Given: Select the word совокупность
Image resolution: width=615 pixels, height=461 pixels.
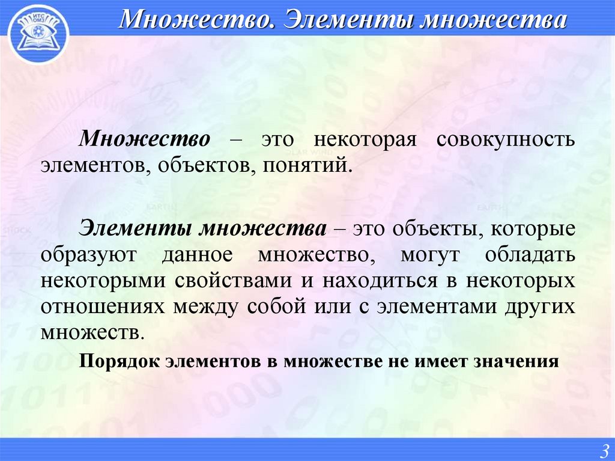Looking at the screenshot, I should [x=506, y=139].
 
